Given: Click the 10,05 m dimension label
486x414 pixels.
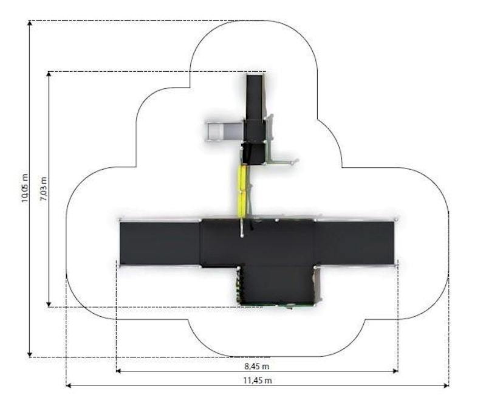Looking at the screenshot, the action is [x=25, y=188].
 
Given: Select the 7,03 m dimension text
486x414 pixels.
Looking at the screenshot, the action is [x=44, y=189].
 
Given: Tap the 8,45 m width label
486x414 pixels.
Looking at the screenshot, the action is [x=257, y=366].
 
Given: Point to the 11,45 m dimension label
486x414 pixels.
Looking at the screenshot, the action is [x=257, y=380].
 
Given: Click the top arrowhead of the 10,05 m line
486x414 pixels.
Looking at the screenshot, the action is [x=30, y=23].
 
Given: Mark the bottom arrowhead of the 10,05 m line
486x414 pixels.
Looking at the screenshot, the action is [x=30, y=354].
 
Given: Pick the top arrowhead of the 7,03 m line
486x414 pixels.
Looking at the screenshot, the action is [x=49, y=74].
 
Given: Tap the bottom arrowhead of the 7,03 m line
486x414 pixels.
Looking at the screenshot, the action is [x=49, y=304].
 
